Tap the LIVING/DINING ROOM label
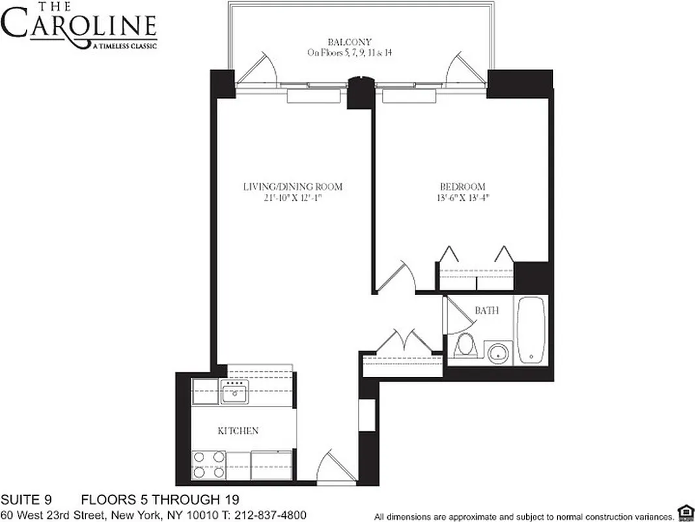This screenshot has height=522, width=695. tap(293, 187)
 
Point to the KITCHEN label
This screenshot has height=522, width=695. tap(238, 431)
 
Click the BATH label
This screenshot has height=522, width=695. tap(486, 311)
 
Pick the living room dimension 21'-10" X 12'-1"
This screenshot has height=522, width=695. tap(293, 198)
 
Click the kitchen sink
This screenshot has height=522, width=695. tap(233, 393)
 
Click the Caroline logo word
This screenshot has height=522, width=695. tap(79, 27)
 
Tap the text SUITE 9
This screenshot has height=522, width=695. tap(25, 500)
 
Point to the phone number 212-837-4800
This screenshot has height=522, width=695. tap(270, 515)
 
